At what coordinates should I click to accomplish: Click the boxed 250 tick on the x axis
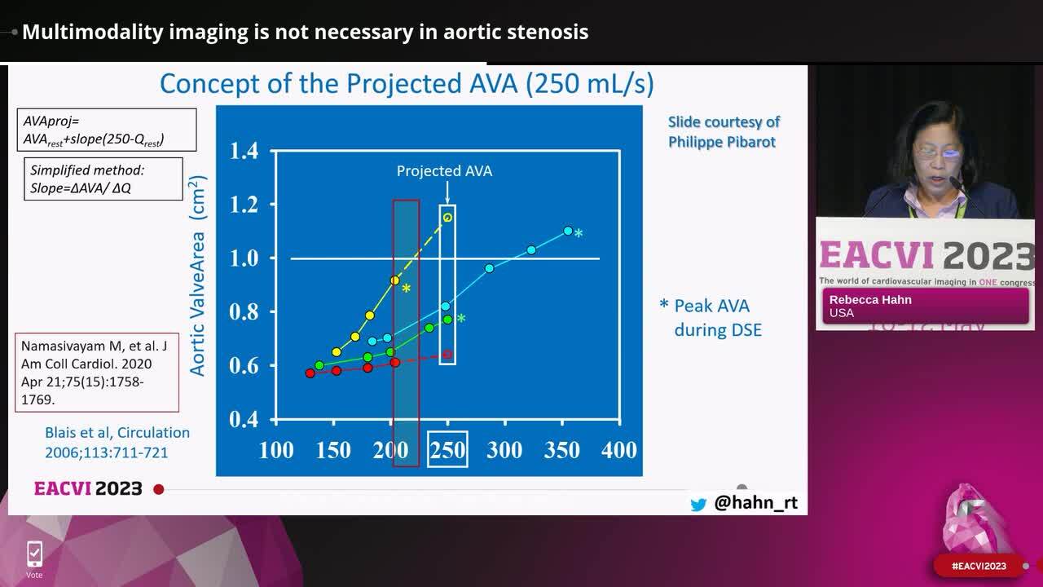[447, 449]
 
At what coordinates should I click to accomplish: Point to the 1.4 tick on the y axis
[244, 151]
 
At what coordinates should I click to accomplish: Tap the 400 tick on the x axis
[619, 449]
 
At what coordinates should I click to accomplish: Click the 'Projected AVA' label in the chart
[444, 171]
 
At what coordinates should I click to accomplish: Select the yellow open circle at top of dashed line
[447, 218]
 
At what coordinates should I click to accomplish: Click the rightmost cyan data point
[568, 231]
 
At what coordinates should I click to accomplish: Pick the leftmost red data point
[310, 373]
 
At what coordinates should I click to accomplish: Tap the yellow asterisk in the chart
[406, 289]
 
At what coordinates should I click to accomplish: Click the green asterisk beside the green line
[461, 319]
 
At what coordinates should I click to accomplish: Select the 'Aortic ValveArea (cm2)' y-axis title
[197, 276]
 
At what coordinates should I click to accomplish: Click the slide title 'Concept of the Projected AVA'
[406, 84]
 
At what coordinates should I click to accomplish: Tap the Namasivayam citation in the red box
[96, 373]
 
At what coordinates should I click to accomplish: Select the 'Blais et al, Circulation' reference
[117, 442]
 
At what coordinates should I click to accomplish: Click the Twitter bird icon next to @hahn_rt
[698, 505]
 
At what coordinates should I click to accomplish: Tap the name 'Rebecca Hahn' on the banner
[870, 299]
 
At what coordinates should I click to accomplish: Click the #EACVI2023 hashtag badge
[979, 566]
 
